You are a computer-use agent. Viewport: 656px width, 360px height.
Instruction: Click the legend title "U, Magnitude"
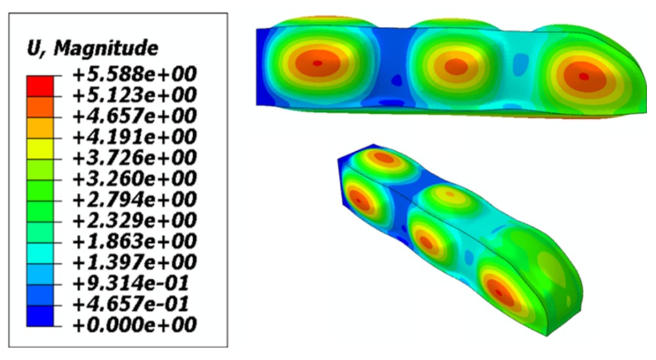92,48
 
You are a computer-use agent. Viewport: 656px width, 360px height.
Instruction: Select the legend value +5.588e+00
134,75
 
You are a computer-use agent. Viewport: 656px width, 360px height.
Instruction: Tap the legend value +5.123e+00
134,96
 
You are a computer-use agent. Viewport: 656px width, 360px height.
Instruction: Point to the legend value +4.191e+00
134,137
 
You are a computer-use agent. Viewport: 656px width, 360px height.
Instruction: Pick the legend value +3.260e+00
134,179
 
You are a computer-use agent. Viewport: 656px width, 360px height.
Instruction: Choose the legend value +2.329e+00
134,221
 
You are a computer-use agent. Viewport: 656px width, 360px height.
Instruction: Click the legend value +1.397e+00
134,262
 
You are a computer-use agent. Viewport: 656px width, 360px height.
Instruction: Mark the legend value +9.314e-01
130,283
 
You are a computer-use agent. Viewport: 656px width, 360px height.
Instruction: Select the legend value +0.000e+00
134,325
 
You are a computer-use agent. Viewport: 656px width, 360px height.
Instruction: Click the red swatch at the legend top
40,86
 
